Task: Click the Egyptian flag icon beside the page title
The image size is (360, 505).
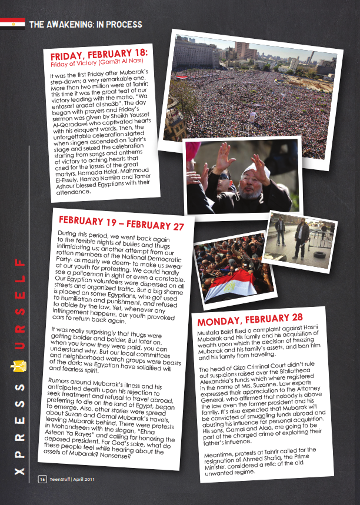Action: (12, 24)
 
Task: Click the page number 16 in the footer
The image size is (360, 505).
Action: (42, 479)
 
